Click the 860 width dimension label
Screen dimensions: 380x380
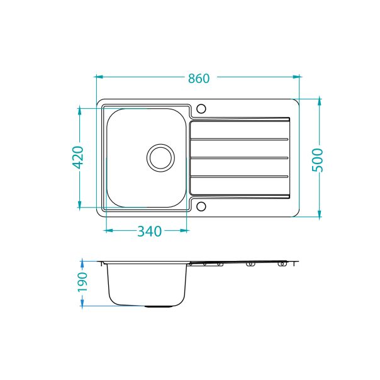(198, 79)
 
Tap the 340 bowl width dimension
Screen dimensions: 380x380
(149, 232)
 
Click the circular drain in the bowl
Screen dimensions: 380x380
(159, 157)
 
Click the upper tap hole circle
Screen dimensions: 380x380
(201, 109)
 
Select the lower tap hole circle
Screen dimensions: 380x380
(201, 206)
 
